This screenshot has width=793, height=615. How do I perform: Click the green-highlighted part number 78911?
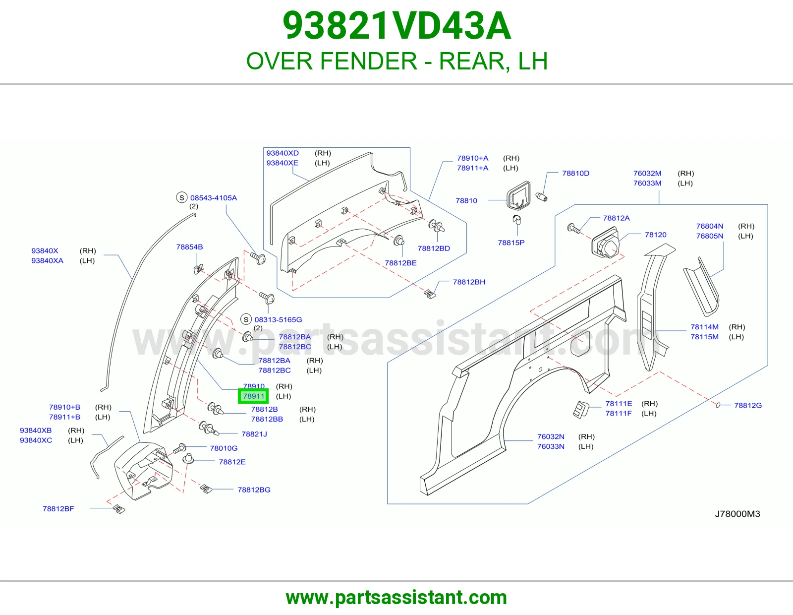click(x=253, y=396)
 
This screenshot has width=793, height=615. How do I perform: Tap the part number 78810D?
click(x=575, y=173)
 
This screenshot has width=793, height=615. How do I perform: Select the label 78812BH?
click(x=469, y=282)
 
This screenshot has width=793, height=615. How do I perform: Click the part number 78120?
click(x=655, y=235)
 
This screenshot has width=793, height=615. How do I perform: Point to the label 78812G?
click(x=748, y=405)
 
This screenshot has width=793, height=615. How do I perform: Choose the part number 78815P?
click(x=511, y=243)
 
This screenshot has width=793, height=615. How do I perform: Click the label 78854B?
click(x=189, y=247)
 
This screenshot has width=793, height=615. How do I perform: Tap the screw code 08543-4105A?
click(x=214, y=197)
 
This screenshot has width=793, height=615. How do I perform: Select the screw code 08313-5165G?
click(x=278, y=319)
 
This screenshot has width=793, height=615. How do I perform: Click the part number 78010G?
click(x=224, y=448)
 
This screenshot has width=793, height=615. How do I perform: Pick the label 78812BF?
click(x=58, y=509)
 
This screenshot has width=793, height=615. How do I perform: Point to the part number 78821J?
click(x=254, y=434)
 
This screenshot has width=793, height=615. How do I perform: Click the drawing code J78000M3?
click(x=737, y=514)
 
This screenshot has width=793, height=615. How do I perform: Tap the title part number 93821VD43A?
click(x=396, y=26)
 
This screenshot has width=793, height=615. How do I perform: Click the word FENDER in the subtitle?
click(x=369, y=61)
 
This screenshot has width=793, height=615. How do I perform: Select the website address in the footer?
click(x=396, y=598)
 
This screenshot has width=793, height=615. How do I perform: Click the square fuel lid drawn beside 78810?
click(x=518, y=196)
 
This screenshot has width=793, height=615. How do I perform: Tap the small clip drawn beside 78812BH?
click(x=430, y=294)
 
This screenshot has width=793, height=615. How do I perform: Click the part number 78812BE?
click(x=400, y=263)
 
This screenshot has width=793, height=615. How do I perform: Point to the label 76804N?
click(x=709, y=226)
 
